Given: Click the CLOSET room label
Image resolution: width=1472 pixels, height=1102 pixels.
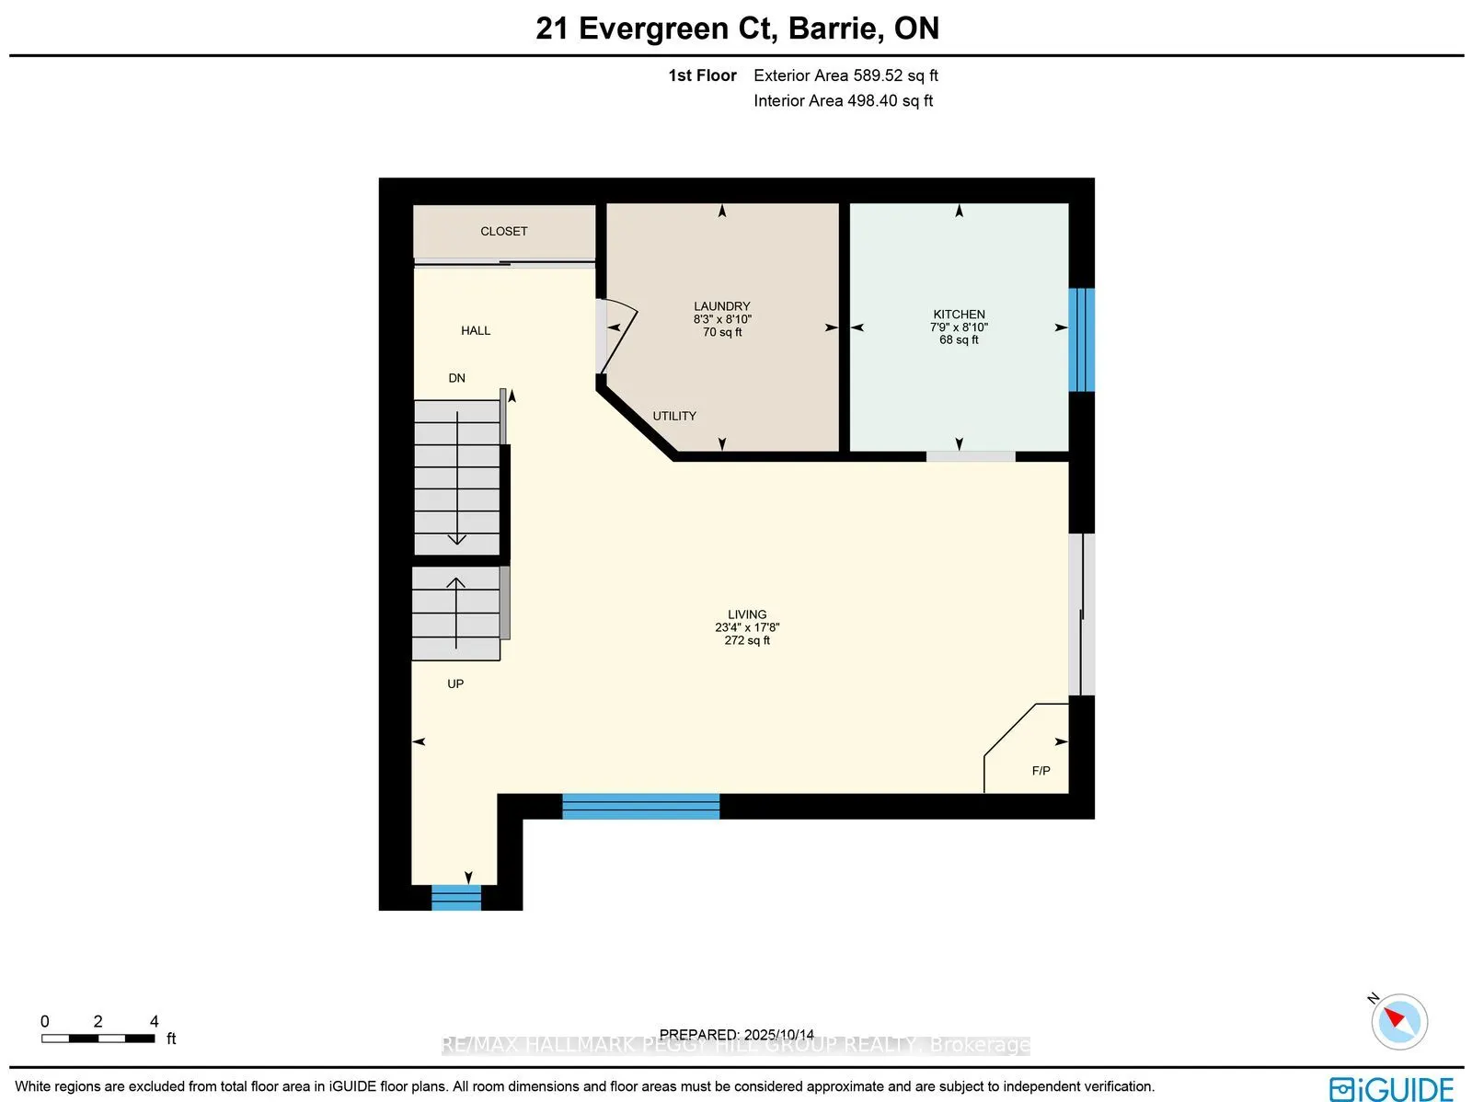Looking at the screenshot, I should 503,232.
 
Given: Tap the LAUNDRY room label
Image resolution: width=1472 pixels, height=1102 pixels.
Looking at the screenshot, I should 722,306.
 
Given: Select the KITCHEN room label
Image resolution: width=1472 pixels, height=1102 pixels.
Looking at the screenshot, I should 959,315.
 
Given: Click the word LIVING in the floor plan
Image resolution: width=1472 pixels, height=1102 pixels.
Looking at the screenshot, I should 747,614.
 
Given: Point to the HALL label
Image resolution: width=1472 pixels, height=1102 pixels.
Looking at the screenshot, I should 476,330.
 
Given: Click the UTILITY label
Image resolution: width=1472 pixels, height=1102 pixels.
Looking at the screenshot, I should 674,416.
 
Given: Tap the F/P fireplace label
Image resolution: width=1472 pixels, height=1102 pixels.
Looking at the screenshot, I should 1041,771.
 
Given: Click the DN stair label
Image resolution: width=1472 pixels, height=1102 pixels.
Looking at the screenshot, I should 457,378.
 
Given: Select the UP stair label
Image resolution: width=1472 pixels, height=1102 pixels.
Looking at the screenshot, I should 455,683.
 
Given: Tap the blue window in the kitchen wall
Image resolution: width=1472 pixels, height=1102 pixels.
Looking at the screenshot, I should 1081,339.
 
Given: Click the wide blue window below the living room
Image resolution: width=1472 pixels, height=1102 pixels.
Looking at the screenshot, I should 640,806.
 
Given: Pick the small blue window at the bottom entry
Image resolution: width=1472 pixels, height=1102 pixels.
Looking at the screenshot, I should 456,897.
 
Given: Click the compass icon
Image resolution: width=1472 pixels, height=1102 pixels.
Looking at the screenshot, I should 1398,1021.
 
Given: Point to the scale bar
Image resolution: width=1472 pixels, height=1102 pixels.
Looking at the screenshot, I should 98,1039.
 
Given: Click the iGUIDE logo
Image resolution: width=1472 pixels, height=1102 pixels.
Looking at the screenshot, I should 1391,1089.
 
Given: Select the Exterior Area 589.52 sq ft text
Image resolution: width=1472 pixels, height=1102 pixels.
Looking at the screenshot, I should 845,75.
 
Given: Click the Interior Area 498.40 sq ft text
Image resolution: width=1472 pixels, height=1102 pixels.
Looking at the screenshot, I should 843,101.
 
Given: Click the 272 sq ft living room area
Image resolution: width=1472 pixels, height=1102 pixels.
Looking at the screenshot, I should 747,640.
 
